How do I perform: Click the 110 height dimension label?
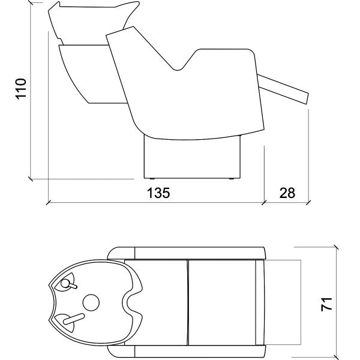[x=21, y=89]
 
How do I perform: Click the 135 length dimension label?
[x=158, y=193]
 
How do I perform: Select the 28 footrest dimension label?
[x=287, y=193]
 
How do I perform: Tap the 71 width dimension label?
[x=326, y=304]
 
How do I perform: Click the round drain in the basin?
[x=91, y=302]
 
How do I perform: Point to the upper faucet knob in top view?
[x=65, y=284]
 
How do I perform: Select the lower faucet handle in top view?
[x=74, y=319]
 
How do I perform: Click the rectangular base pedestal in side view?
[x=192, y=158]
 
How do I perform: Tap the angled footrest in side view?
[x=283, y=89]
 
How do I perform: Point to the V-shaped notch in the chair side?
[x=177, y=67]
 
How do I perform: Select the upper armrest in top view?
[x=187, y=253]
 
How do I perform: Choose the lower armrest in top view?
[x=187, y=351]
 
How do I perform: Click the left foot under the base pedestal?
[x=152, y=179]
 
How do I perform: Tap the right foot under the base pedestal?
[x=232, y=179]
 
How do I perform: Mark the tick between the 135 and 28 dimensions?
[x=264, y=203]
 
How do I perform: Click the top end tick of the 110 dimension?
[x=31, y=3]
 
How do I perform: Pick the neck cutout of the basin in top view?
[x=129, y=302]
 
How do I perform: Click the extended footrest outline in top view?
[x=283, y=302]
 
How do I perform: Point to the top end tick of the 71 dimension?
[x=337, y=247]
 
